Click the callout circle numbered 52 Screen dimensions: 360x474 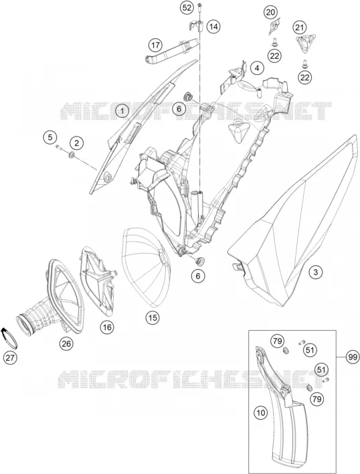coord(187,8)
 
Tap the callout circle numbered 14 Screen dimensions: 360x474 coord(213,27)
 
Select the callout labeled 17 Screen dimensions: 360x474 coord(155,46)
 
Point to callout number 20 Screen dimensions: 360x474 coord(270,13)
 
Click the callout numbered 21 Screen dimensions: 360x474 coord(299,28)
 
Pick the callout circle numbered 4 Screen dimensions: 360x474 coord(257,68)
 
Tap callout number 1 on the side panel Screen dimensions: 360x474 coord(122,111)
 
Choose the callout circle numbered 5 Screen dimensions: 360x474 coord(50,137)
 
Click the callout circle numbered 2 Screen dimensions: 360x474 coord(77,143)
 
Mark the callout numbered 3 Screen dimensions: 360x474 coord(316,272)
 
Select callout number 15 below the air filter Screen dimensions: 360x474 coord(153,317)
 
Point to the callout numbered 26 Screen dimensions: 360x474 coord(66,343)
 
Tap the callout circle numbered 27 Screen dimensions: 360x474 coord(10,358)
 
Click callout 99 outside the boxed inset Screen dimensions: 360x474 coord(352,357)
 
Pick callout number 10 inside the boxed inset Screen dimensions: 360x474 coord(261,412)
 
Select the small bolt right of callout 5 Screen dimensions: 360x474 coord(59,147)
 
